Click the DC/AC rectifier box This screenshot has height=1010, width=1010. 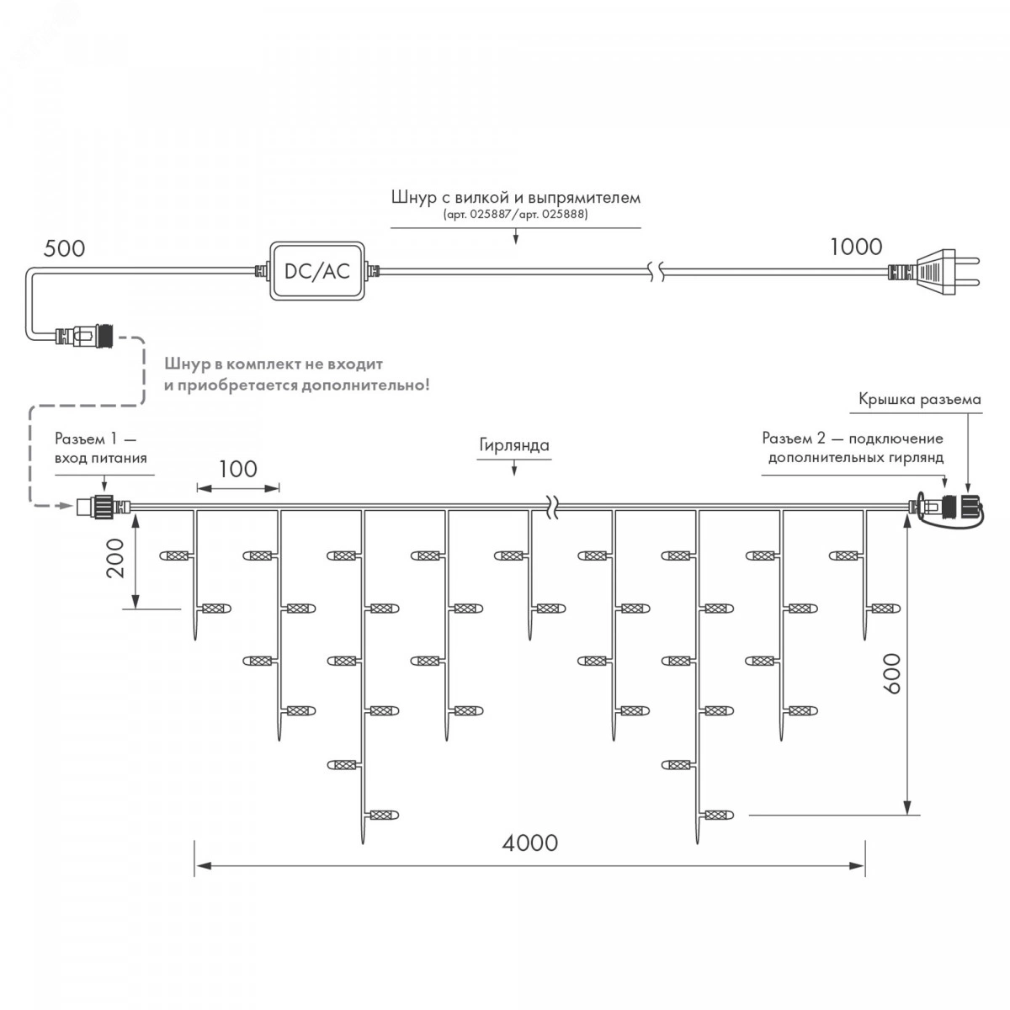tap(316, 271)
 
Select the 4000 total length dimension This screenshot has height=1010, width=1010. tap(529, 843)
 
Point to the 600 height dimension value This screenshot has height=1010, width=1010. tap(893, 672)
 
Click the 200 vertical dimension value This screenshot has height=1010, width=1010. tap(117, 557)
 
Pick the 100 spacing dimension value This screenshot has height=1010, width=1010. tap(237, 469)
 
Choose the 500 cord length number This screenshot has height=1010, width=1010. tap(64, 248)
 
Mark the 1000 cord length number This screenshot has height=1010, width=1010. tap(856, 247)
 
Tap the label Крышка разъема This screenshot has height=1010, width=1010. tap(919, 399)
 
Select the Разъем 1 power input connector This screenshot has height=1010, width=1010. tap(98, 507)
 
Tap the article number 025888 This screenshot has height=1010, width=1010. tap(565, 215)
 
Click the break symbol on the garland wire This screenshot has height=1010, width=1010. tap(551, 507)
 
